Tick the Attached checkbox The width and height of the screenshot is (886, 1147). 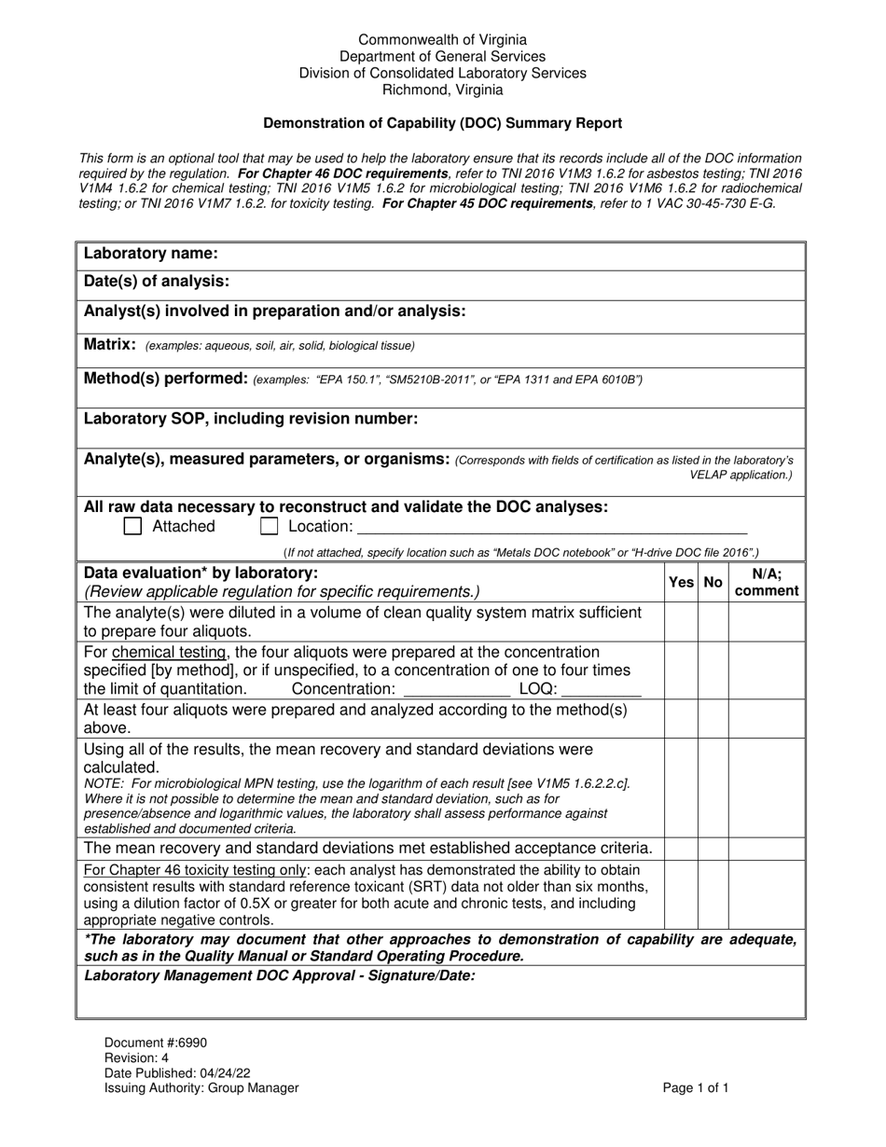tap(133, 527)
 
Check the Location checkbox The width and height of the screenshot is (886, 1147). tap(270, 527)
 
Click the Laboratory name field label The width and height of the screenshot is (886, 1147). tap(151, 254)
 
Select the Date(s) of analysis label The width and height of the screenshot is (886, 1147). tap(157, 282)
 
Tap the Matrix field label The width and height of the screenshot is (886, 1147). tap(110, 345)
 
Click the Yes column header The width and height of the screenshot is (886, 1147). tap(681, 582)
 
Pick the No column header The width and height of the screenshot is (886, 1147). tap(713, 582)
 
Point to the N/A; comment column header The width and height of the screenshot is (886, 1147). tap(767, 582)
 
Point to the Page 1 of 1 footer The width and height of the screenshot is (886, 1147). tap(696, 1087)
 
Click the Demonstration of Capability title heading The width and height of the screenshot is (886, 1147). tap(442, 123)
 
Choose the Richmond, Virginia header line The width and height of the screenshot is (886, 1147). tap(442, 90)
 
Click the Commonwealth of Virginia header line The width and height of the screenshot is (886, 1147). tap(442, 40)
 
